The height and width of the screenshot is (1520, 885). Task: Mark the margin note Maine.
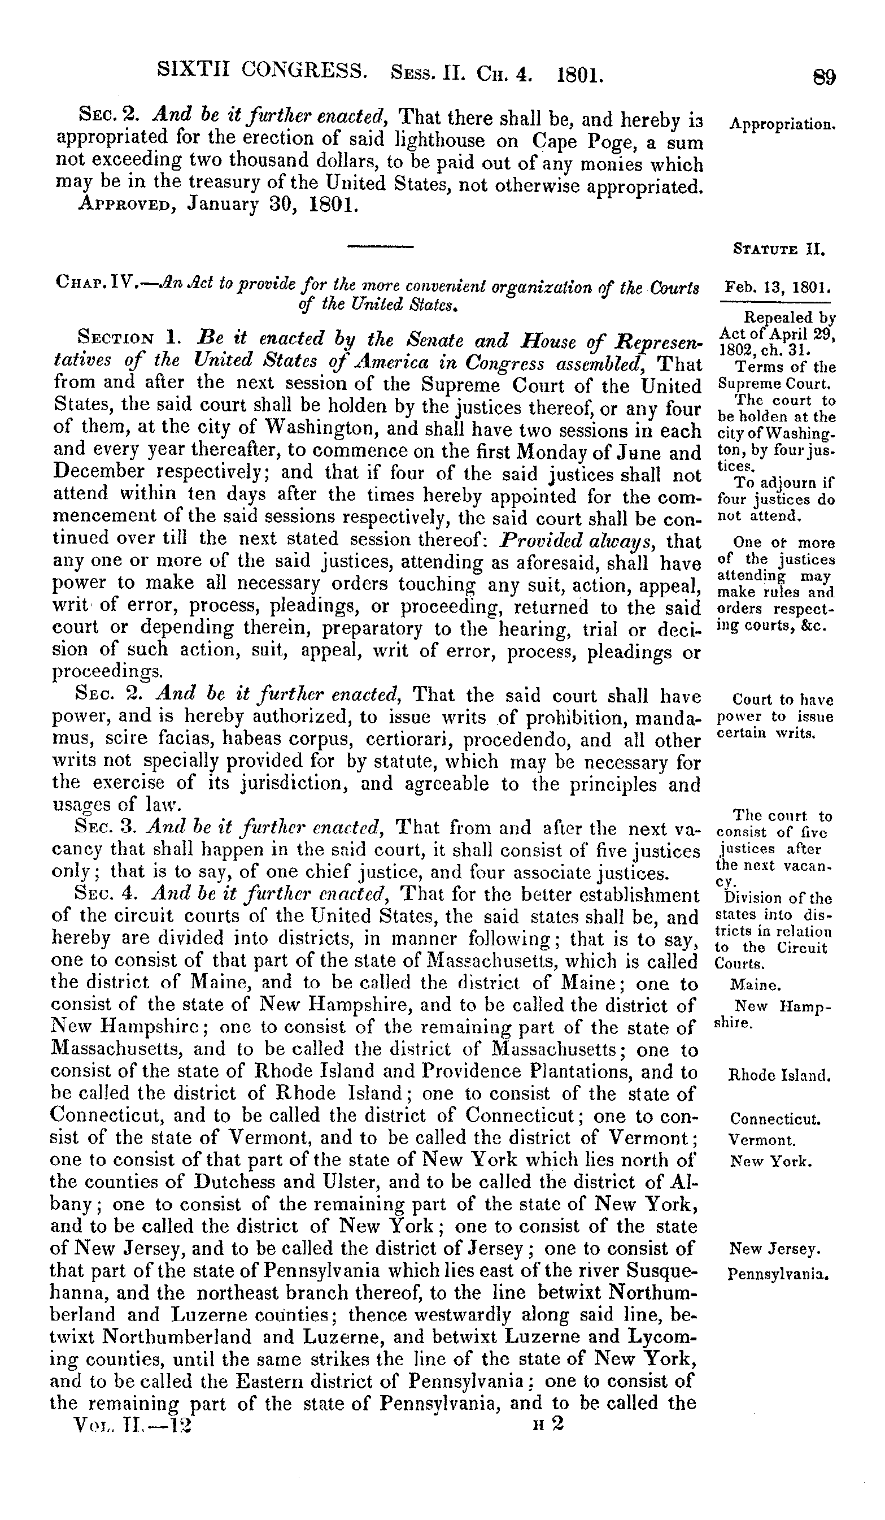[x=756, y=985]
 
